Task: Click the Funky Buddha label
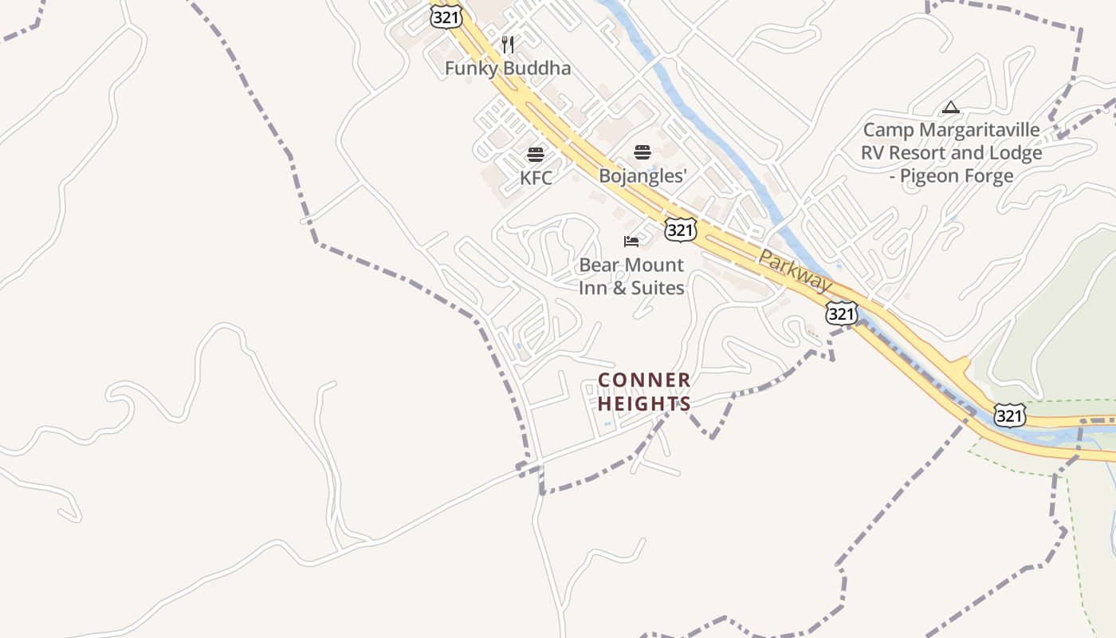click(508, 69)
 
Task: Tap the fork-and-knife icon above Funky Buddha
click(508, 45)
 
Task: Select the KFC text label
click(536, 178)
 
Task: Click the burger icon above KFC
click(536, 155)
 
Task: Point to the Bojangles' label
click(642, 176)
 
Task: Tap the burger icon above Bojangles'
click(642, 152)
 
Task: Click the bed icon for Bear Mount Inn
click(631, 241)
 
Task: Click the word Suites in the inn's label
click(658, 288)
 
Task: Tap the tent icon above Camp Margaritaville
click(950, 107)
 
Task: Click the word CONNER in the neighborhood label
click(644, 380)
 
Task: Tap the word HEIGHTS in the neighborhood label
click(644, 404)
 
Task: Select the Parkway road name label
click(794, 270)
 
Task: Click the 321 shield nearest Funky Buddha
click(442, 18)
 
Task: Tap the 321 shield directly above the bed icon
click(680, 230)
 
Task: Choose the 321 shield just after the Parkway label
click(841, 313)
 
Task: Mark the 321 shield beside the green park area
click(1009, 415)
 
